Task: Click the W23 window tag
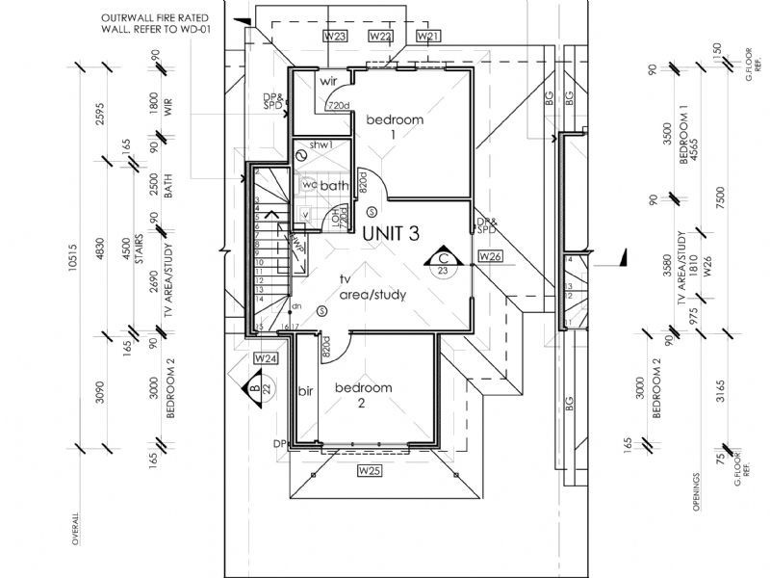click(x=335, y=36)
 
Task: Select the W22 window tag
click(x=380, y=36)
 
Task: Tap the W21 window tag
click(x=428, y=36)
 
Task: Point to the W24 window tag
click(x=266, y=358)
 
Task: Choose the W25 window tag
click(x=371, y=471)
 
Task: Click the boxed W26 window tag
click(x=491, y=256)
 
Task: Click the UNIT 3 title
click(x=391, y=232)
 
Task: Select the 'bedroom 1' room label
click(x=393, y=126)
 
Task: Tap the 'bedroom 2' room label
click(x=363, y=395)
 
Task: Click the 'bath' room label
click(x=334, y=186)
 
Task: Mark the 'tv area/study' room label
click(x=372, y=286)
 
